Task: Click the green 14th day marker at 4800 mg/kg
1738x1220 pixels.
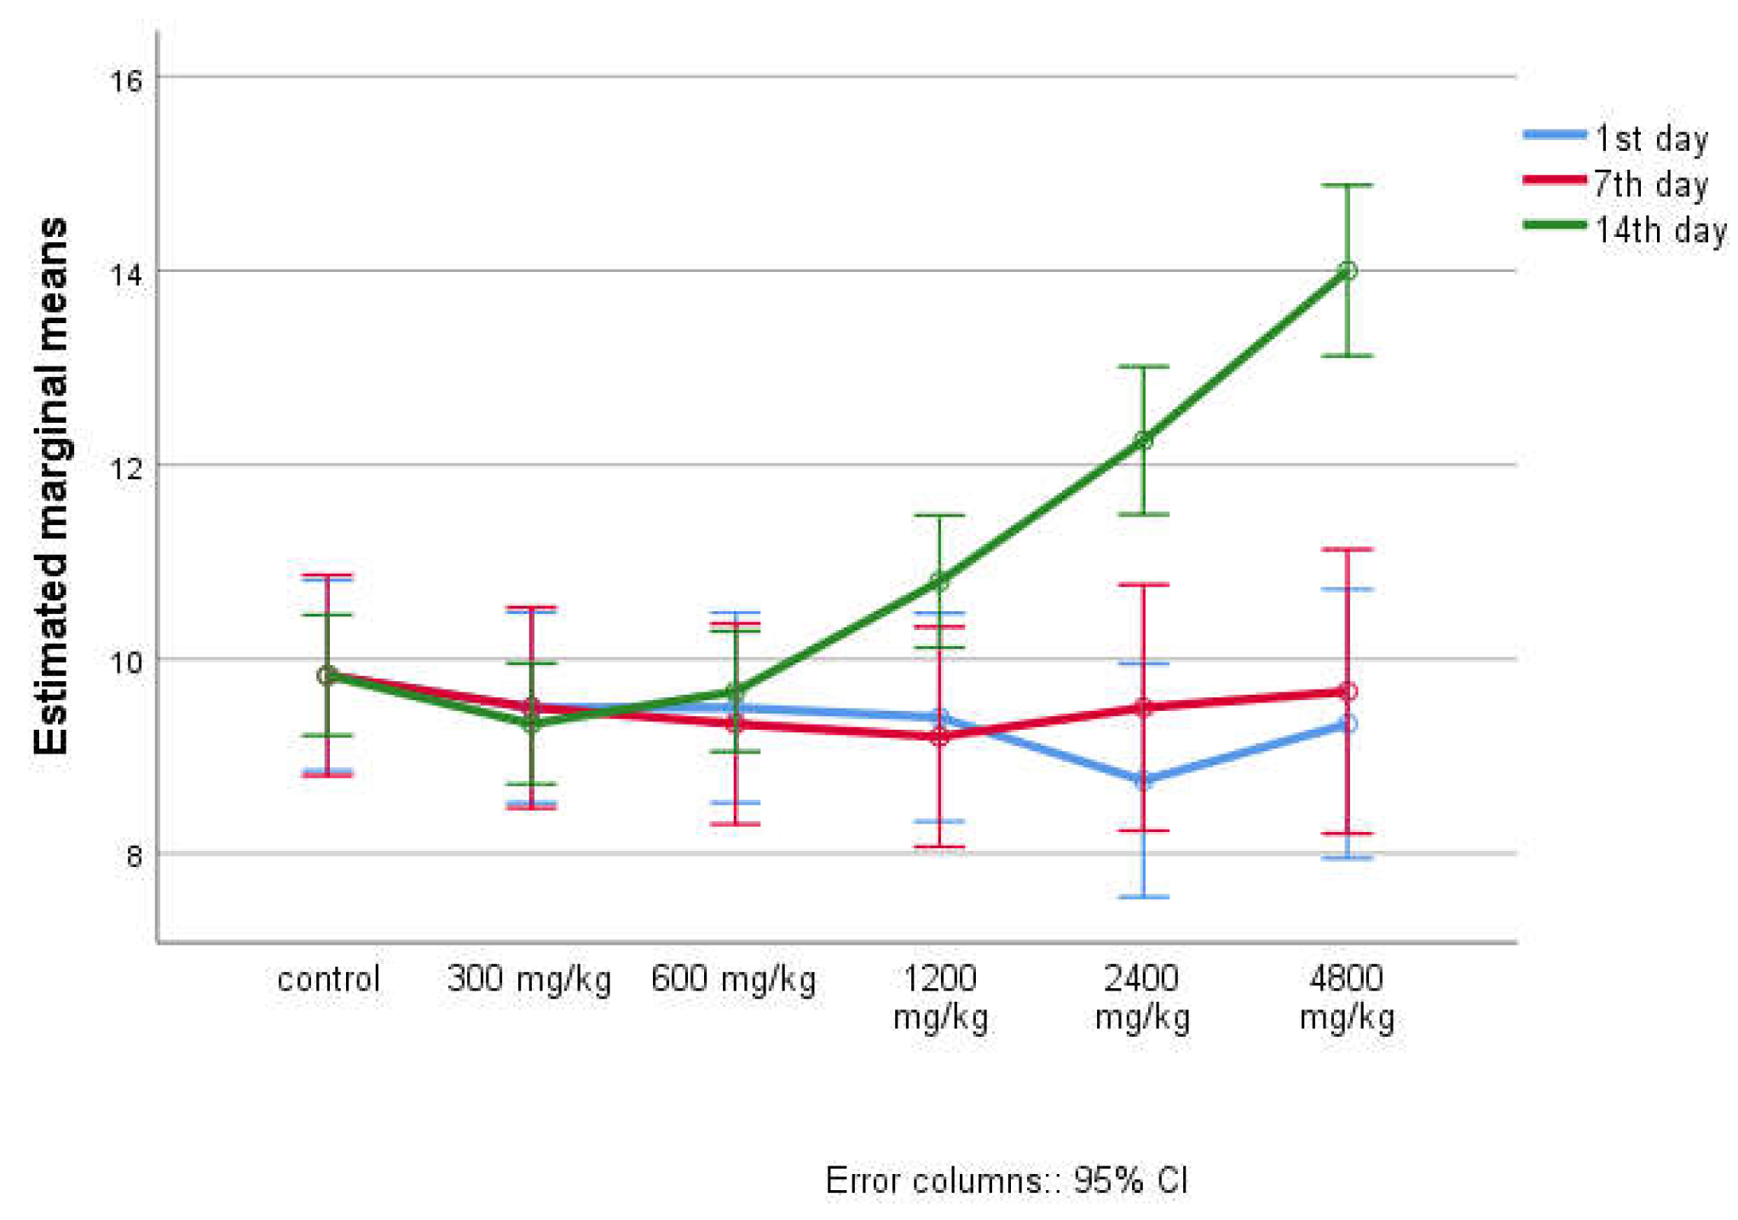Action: (x=1347, y=271)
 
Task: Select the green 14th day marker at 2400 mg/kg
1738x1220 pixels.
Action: (x=1143, y=441)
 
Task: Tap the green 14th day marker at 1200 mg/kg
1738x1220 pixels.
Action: (x=939, y=582)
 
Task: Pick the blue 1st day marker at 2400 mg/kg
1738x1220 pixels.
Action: (x=1143, y=780)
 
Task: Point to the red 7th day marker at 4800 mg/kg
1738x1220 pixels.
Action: (x=1347, y=691)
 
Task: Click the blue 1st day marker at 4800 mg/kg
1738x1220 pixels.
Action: (x=1347, y=724)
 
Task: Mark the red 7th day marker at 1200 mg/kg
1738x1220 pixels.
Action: (x=939, y=737)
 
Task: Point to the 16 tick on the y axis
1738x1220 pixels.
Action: (x=125, y=81)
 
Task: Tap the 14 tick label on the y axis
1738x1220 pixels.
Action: (x=125, y=275)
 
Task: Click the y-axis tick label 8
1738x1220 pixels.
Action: (x=134, y=856)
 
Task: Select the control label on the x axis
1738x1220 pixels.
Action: (x=328, y=979)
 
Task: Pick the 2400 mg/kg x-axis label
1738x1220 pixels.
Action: (x=1142, y=998)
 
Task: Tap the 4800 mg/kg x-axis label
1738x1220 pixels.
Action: (x=1347, y=998)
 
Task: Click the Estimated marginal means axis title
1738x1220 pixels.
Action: (x=50, y=486)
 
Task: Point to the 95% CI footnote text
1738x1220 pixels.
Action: (x=1007, y=1181)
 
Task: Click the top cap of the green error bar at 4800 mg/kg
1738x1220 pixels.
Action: (x=1347, y=185)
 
